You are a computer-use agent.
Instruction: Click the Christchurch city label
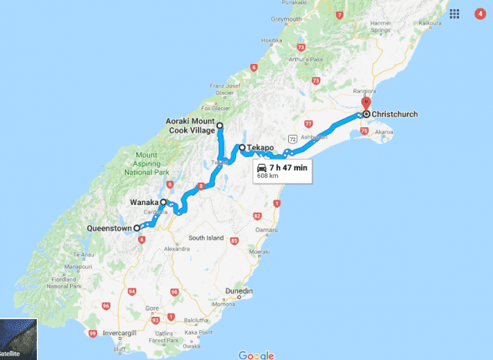pyautogui.click(x=394, y=115)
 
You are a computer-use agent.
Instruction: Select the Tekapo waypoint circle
pyautogui.click(x=242, y=147)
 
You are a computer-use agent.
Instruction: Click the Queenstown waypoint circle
pyautogui.click(x=137, y=228)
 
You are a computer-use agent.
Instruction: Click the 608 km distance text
pyautogui.click(x=268, y=176)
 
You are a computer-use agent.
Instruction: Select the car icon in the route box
pyautogui.click(x=262, y=167)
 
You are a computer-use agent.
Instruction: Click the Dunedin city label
pyautogui.click(x=240, y=290)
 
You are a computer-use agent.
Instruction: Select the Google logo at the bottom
pyautogui.click(x=256, y=355)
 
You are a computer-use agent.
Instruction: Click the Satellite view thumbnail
pyautogui.click(x=18, y=340)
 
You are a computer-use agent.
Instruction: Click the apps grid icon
pyautogui.click(x=456, y=13)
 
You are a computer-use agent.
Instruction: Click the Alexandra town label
pyautogui.click(x=176, y=249)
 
